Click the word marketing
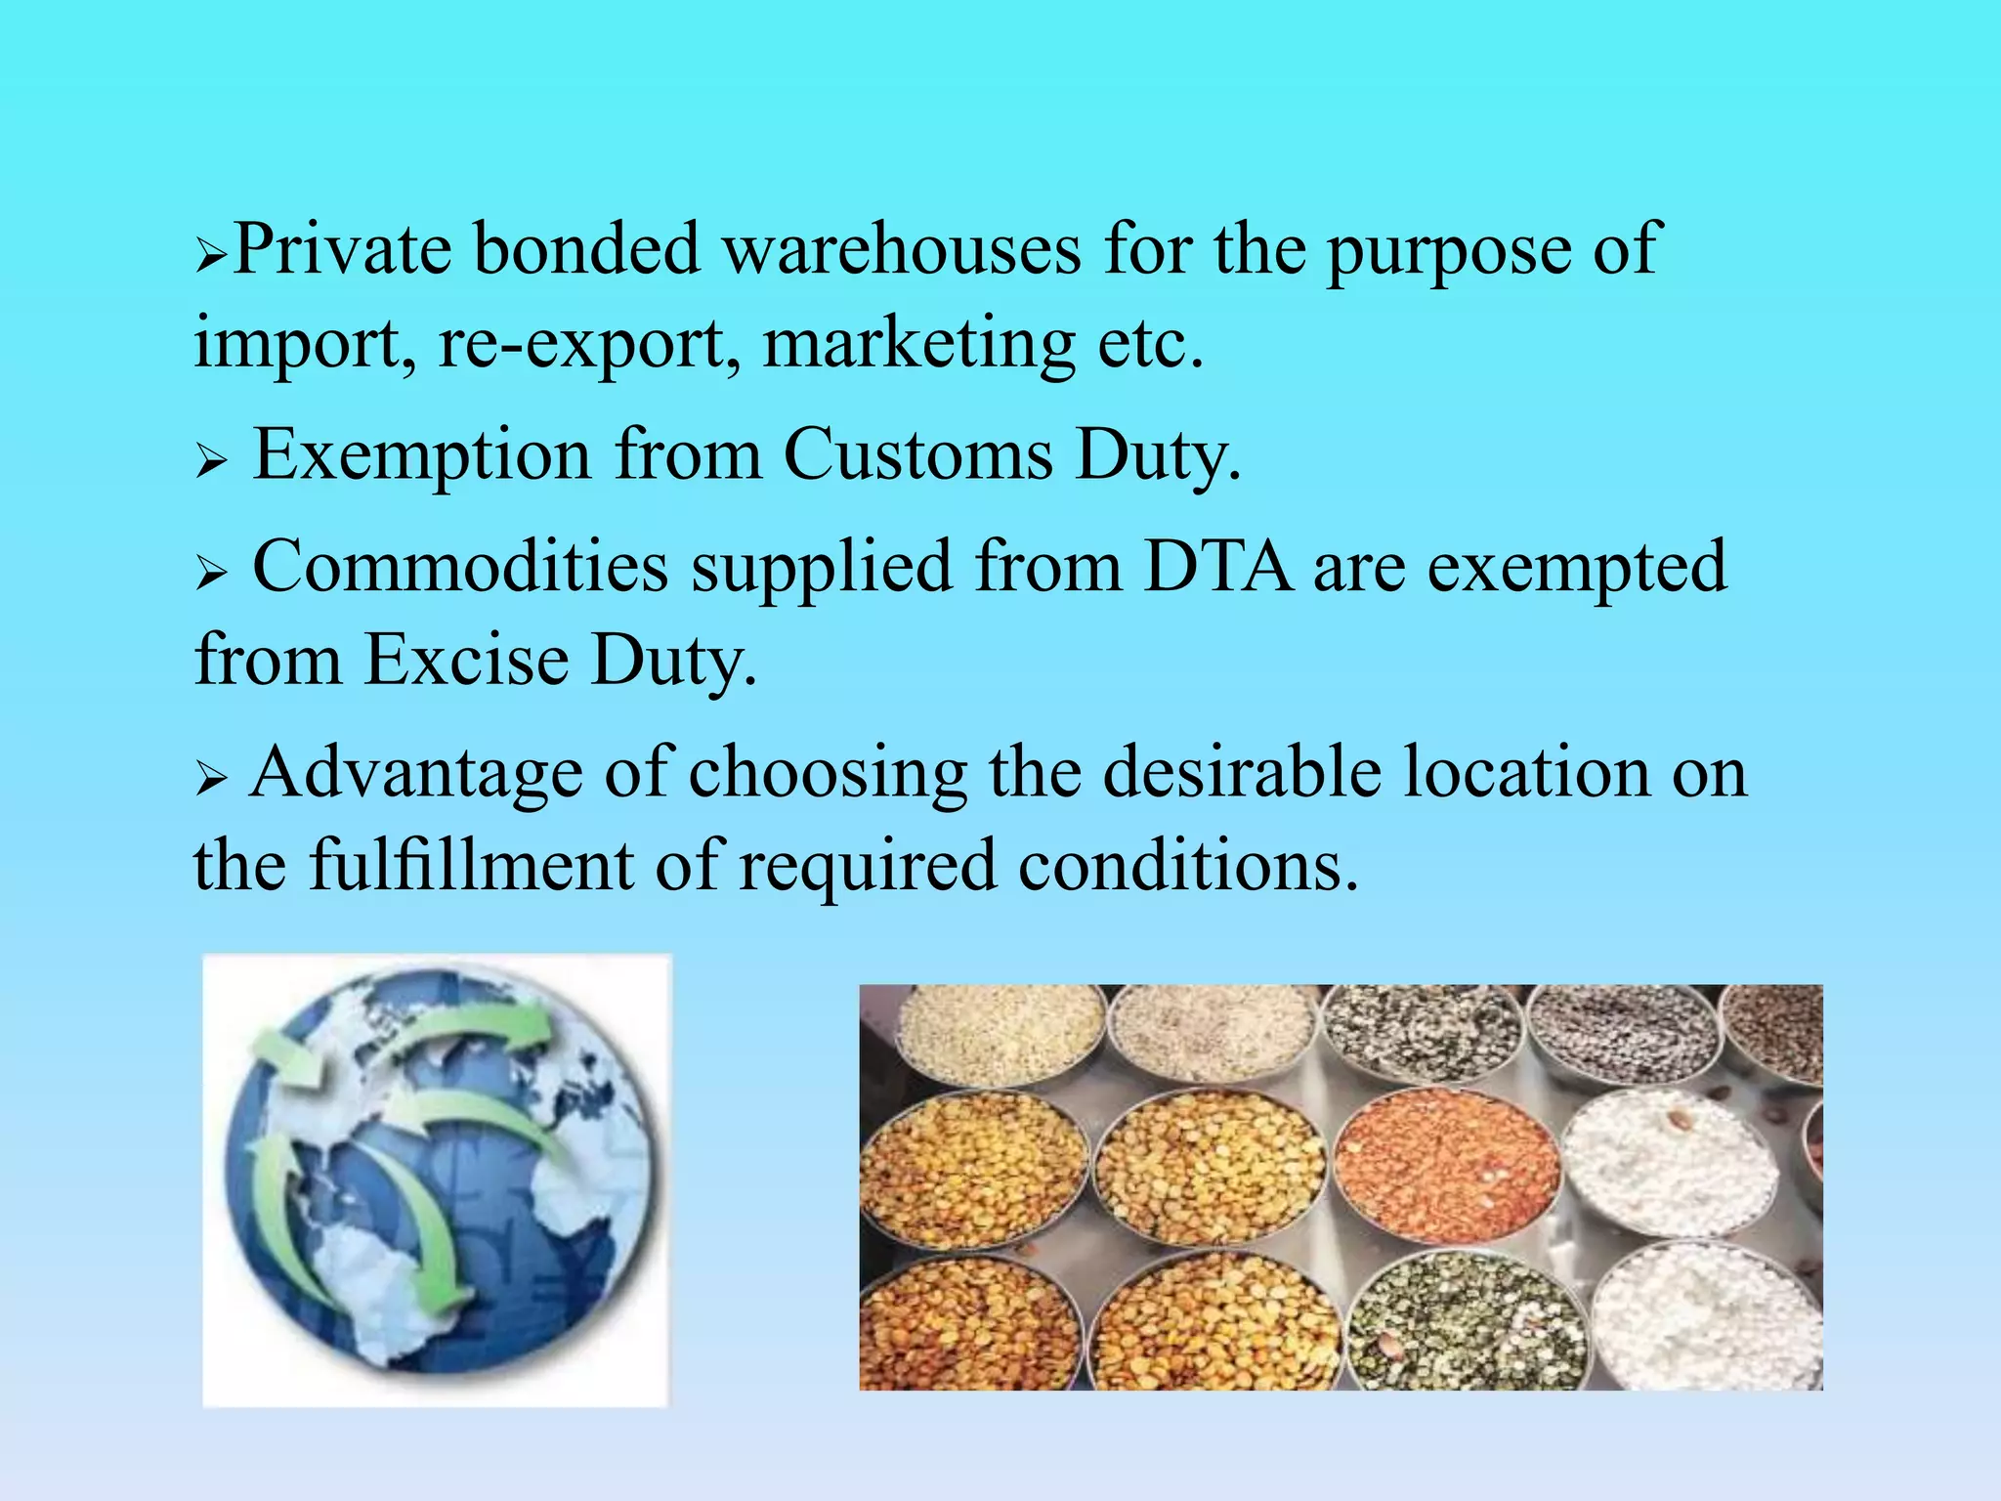click(x=919, y=344)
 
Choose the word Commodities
click(x=460, y=567)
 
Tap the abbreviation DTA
click(x=1216, y=567)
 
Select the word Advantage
click(x=415, y=773)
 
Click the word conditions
click(x=1188, y=866)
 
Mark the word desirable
click(x=1243, y=773)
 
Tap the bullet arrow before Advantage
click(x=210, y=779)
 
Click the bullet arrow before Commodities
click(x=210, y=572)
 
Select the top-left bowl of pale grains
click(x=999, y=1034)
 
